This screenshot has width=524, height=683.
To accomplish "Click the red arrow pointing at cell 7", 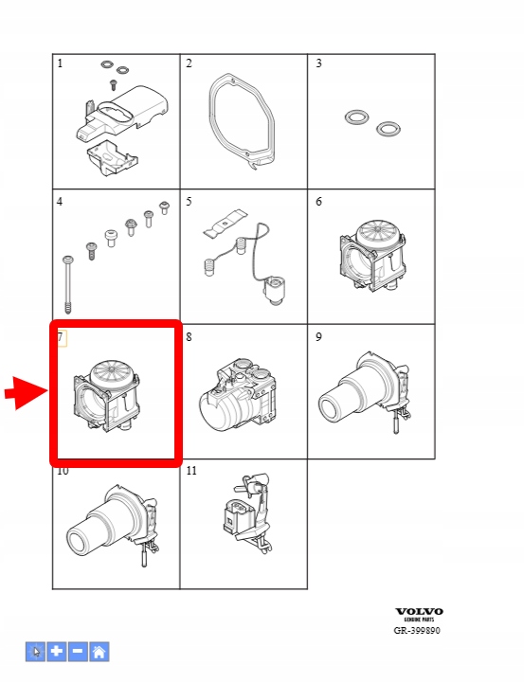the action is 27,392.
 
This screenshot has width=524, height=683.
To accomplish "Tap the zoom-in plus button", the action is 57,652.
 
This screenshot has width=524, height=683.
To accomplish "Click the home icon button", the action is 99,652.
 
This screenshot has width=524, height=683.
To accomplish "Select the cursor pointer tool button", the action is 35,652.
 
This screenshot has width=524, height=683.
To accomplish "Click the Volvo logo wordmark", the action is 419,612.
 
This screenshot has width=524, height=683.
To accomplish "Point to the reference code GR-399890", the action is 417,630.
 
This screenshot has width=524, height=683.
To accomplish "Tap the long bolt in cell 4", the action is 68,284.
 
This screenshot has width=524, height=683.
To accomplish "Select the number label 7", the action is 61,336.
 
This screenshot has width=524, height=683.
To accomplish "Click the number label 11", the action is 191,471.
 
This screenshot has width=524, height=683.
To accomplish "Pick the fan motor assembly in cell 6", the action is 372,256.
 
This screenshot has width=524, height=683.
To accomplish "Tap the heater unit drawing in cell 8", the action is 238,395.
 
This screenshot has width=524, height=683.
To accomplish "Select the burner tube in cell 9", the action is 365,392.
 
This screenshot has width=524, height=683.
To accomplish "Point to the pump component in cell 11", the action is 248,512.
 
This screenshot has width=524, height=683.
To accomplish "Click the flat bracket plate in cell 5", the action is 225,223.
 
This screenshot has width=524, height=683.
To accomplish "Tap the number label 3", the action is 318,63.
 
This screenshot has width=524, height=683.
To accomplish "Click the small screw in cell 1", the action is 114,84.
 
